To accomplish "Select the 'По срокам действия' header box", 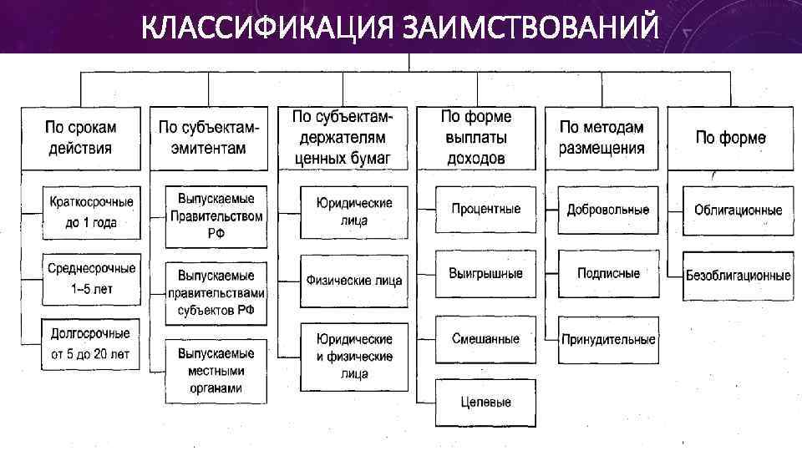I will click(x=80, y=138).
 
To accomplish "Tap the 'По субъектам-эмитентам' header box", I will click(x=209, y=138).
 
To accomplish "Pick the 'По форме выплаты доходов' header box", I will click(x=476, y=138).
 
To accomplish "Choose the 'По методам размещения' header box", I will click(x=601, y=138).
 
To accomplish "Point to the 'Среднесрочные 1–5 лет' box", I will click(x=91, y=279).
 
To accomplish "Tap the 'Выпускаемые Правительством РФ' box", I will click(x=216, y=216).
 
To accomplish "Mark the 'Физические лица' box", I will click(x=354, y=281).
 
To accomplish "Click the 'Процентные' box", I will click(x=485, y=209).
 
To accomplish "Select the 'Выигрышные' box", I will click(x=485, y=273).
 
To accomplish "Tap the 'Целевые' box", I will click(x=485, y=403).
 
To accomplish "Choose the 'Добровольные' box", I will click(x=607, y=209).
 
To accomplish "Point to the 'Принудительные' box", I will click(x=608, y=340).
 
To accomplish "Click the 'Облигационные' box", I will click(x=738, y=209).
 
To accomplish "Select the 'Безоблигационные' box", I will click(x=738, y=274).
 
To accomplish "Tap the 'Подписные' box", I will click(x=608, y=273).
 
